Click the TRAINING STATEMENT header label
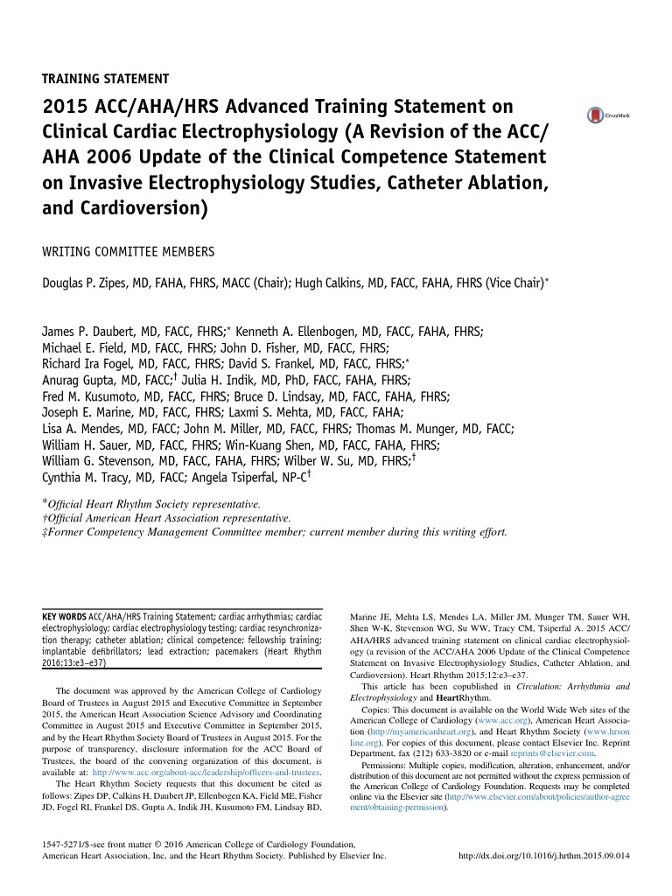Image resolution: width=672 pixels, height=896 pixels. tap(106, 78)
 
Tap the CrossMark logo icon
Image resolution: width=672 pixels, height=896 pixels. tap(597, 115)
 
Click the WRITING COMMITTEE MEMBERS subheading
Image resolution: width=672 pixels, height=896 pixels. tap(129, 252)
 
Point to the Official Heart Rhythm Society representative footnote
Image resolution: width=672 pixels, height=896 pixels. tap(154, 505)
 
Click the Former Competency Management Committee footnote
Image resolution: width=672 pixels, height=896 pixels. tap(276, 531)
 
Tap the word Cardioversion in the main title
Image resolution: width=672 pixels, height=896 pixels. tap(136, 210)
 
